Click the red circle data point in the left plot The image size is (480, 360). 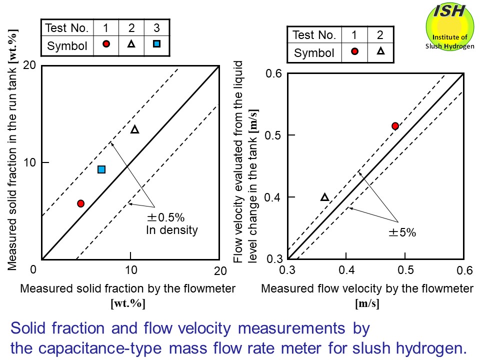pos(80,203)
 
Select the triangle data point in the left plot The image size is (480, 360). pos(134,129)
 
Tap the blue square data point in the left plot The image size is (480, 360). pos(101,169)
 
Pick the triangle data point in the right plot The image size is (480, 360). pos(324,197)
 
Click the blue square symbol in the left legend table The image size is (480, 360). pos(156,44)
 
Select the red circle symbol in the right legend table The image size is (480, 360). pos(354,51)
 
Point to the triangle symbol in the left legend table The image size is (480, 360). pos(131,44)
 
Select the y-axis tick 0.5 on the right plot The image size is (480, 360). pos(274,135)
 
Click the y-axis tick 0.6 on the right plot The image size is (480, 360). pos(274,74)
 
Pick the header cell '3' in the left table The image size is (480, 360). pos(156,27)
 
